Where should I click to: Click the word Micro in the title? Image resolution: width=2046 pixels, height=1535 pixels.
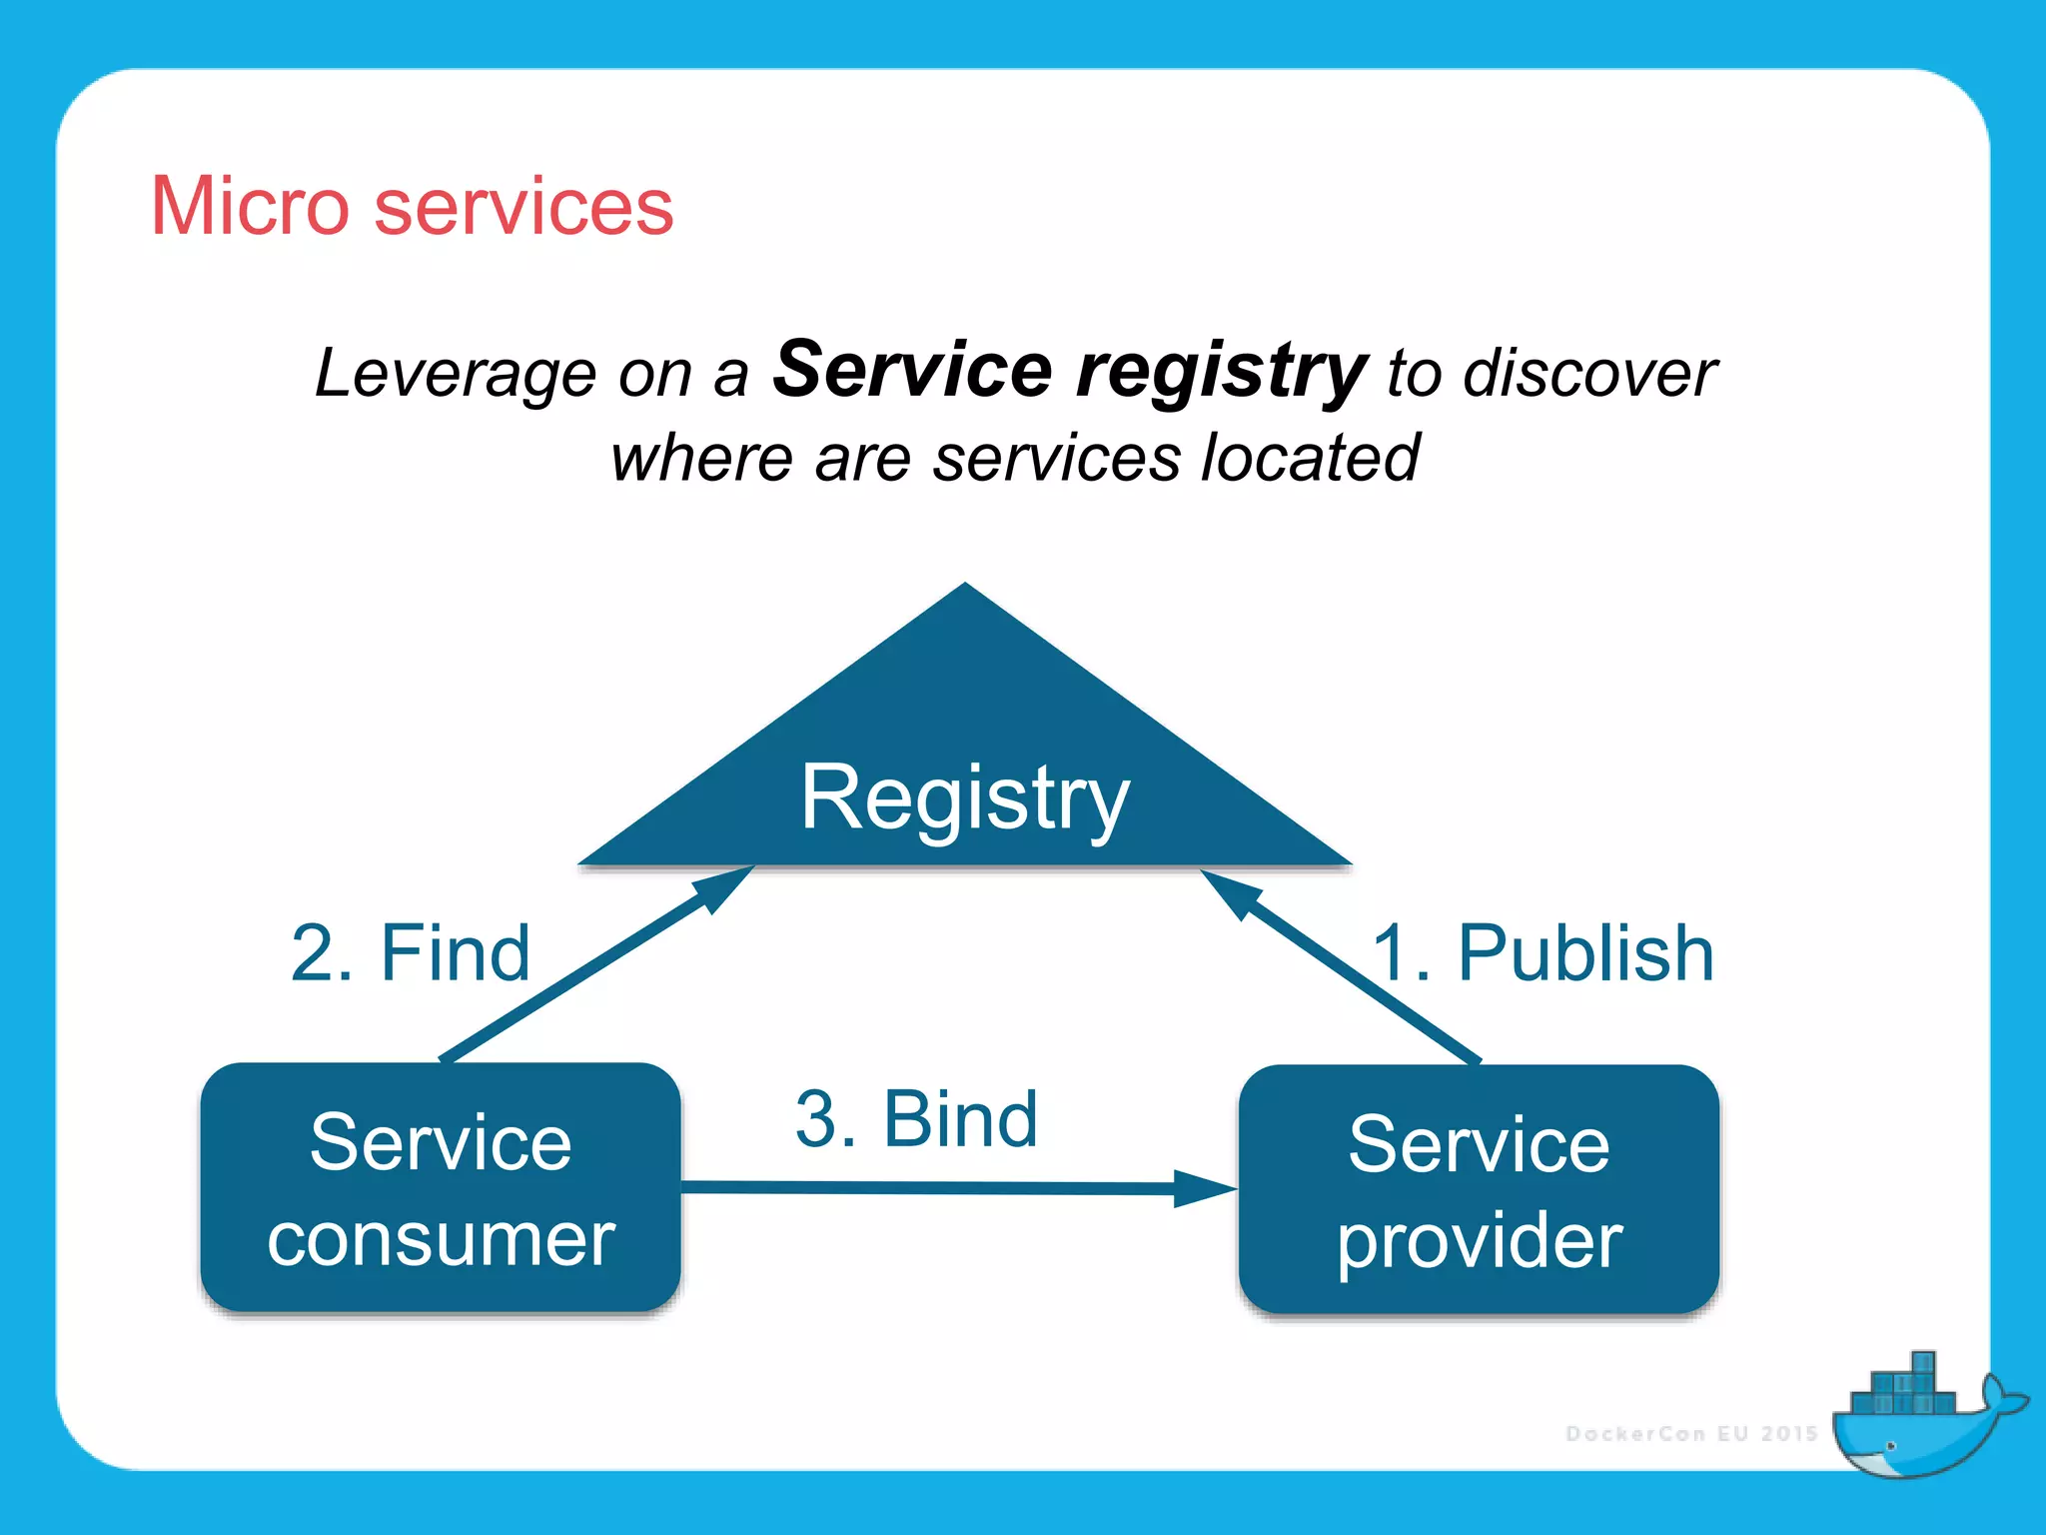click(249, 206)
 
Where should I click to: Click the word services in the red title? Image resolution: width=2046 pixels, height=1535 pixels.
click(523, 208)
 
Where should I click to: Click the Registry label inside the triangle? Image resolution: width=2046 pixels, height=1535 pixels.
click(965, 797)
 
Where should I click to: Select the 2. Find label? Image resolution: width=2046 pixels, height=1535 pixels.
click(410, 953)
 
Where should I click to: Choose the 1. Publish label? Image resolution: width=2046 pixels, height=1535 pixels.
click(1543, 953)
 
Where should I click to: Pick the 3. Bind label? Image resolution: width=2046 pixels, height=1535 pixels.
click(916, 1119)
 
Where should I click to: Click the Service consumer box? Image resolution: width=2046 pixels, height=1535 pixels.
click(441, 1187)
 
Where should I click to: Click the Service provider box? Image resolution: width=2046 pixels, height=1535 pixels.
click(1479, 1189)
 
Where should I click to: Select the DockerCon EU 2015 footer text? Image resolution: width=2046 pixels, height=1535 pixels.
click(1691, 1434)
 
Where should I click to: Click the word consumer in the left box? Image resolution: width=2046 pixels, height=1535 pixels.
click(441, 1239)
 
